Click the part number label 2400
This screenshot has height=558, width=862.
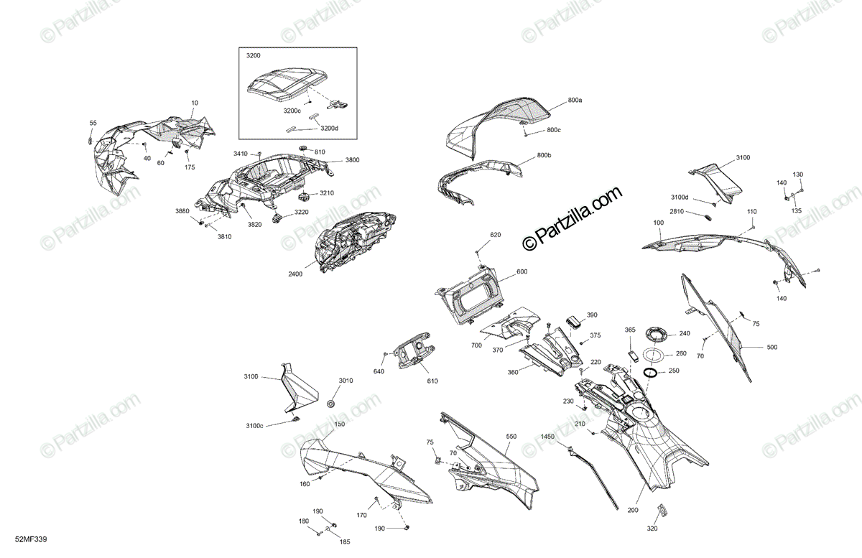[x=296, y=274]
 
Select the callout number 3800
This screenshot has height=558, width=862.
[x=352, y=159]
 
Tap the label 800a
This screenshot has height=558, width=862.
[x=575, y=101]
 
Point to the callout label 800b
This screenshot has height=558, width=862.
[x=544, y=156]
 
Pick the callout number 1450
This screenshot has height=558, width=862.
[x=548, y=436]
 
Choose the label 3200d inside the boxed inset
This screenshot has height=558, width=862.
[x=329, y=128]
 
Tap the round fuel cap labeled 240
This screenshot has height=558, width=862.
[x=656, y=333]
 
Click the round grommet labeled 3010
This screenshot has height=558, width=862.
[x=332, y=401]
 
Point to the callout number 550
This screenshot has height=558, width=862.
[x=511, y=436]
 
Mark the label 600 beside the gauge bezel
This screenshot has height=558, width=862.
[x=522, y=271]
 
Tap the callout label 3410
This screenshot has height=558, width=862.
[x=240, y=154]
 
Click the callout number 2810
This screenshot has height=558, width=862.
[x=677, y=211]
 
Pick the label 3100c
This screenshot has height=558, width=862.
[x=254, y=427]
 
